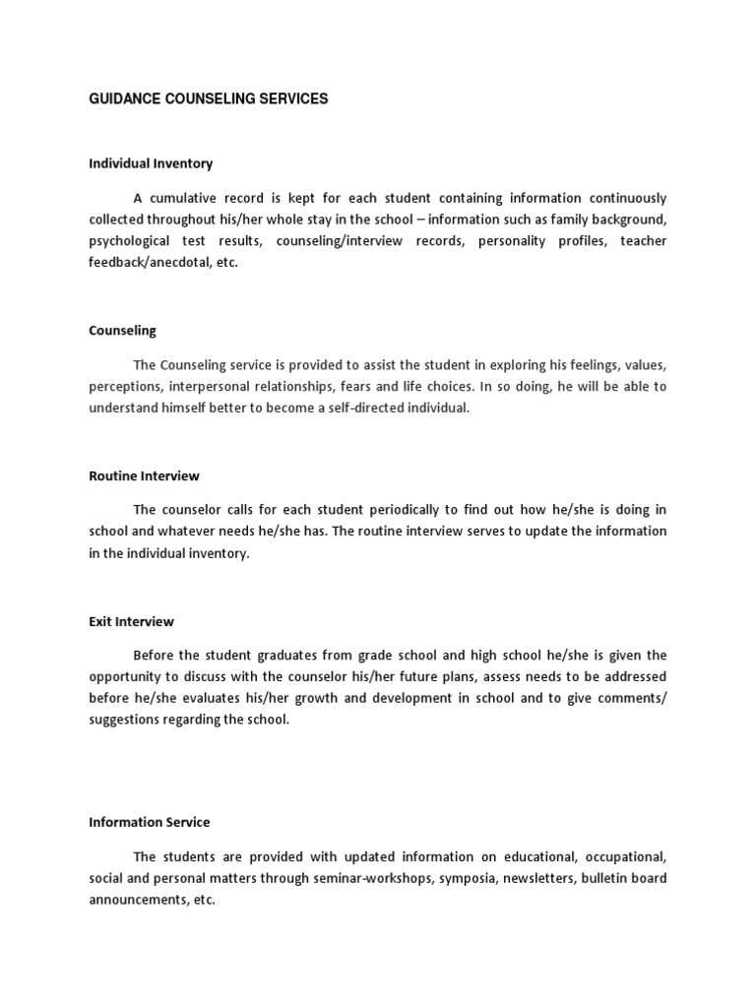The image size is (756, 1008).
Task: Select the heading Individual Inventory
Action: pyautogui.click(x=151, y=163)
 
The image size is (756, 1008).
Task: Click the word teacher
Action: pyautogui.click(x=643, y=241)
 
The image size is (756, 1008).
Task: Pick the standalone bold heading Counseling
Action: pyautogui.click(x=122, y=331)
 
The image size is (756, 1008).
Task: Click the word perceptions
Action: pyautogui.click(x=125, y=387)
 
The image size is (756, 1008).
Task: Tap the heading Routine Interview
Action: pyautogui.click(x=144, y=476)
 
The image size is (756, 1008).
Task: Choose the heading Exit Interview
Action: pyautogui.click(x=131, y=622)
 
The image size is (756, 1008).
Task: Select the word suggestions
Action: pyautogui.click(x=126, y=721)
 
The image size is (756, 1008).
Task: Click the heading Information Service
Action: pyautogui.click(x=150, y=822)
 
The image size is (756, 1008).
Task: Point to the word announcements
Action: pyautogui.click(x=137, y=900)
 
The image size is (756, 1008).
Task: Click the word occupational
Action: pyautogui.click(x=618, y=856)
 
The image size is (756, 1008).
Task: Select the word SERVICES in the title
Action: pyautogui.click(x=293, y=99)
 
